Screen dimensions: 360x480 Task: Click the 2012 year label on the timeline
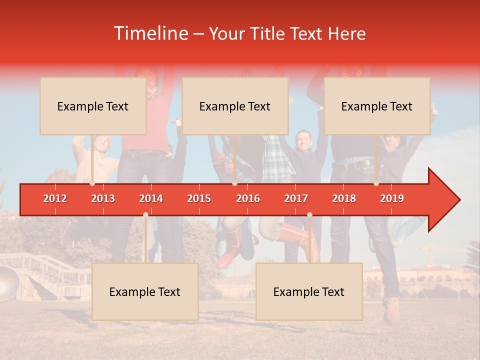[x=55, y=198]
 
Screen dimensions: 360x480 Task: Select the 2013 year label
[x=103, y=198]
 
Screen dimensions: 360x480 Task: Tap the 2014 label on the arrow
[x=151, y=198]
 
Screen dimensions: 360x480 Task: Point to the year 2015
[x=199, y=198]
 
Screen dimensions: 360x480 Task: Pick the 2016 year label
[x=248, y=198]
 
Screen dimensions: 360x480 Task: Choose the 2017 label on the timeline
[x=296, y=198]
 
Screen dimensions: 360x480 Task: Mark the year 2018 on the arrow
[x=344, y=198]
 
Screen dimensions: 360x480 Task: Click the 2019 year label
[x=392, y=198]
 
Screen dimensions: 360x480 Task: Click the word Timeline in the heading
[x=150, y=33]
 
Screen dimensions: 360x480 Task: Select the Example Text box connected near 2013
[x=93, y=106]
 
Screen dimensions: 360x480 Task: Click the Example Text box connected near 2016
[x=235, y=106]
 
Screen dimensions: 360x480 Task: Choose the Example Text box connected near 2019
[x=377, y=106]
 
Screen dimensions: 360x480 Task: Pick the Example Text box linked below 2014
[x=145, y=291]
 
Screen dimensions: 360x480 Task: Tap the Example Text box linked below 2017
[x=309, y=291]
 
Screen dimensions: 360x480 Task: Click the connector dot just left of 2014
[x=145, y=214]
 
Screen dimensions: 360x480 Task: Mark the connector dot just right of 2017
[x=309, y=214]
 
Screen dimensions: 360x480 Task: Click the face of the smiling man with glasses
[x=303, y=141]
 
